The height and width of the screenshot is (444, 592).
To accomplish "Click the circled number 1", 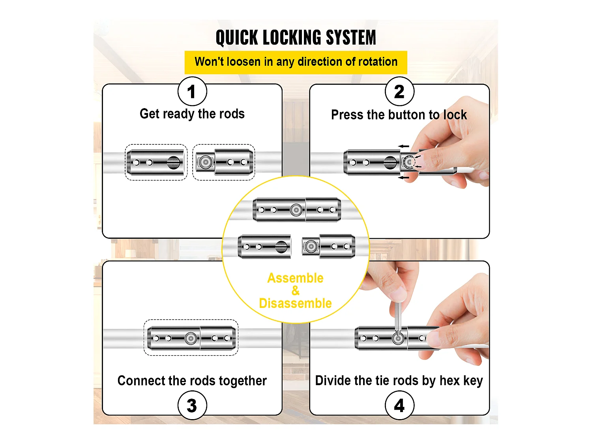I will pyautogui.click(x=192, y=92).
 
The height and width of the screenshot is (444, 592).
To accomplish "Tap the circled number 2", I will pyautogui.click(x=399, y=92).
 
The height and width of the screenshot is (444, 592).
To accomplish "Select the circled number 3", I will pyautogui.click(x=192, y=405).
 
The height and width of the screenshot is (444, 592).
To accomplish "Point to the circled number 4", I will pyautogui.click(x=399, y=405).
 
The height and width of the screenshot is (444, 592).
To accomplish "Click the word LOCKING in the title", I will pyautogui.click(x=291, y=38).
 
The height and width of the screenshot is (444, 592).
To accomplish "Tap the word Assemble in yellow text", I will pyautogui.click(x=295, y=278).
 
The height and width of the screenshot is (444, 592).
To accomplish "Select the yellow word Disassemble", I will pyautogui.click(x=295, y=303).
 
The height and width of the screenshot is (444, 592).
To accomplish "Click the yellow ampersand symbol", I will pyautogui.click(x=295, y=291).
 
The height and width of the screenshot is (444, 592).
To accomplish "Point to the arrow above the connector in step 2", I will pyautogui.click(x=403, y=146).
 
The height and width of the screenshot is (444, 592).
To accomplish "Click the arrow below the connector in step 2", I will pyautogui.click(x=403, y=178).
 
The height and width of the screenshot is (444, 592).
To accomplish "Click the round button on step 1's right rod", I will pyautogui.click(x=205, y=162).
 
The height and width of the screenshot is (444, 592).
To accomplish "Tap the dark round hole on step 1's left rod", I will pyautogui.click(x=174, y=162).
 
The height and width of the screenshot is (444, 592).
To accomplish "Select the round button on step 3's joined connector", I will pyautogui.click(x=191, y=338).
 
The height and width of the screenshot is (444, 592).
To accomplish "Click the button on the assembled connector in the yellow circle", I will pyautogui.click(x=296, y=210).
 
